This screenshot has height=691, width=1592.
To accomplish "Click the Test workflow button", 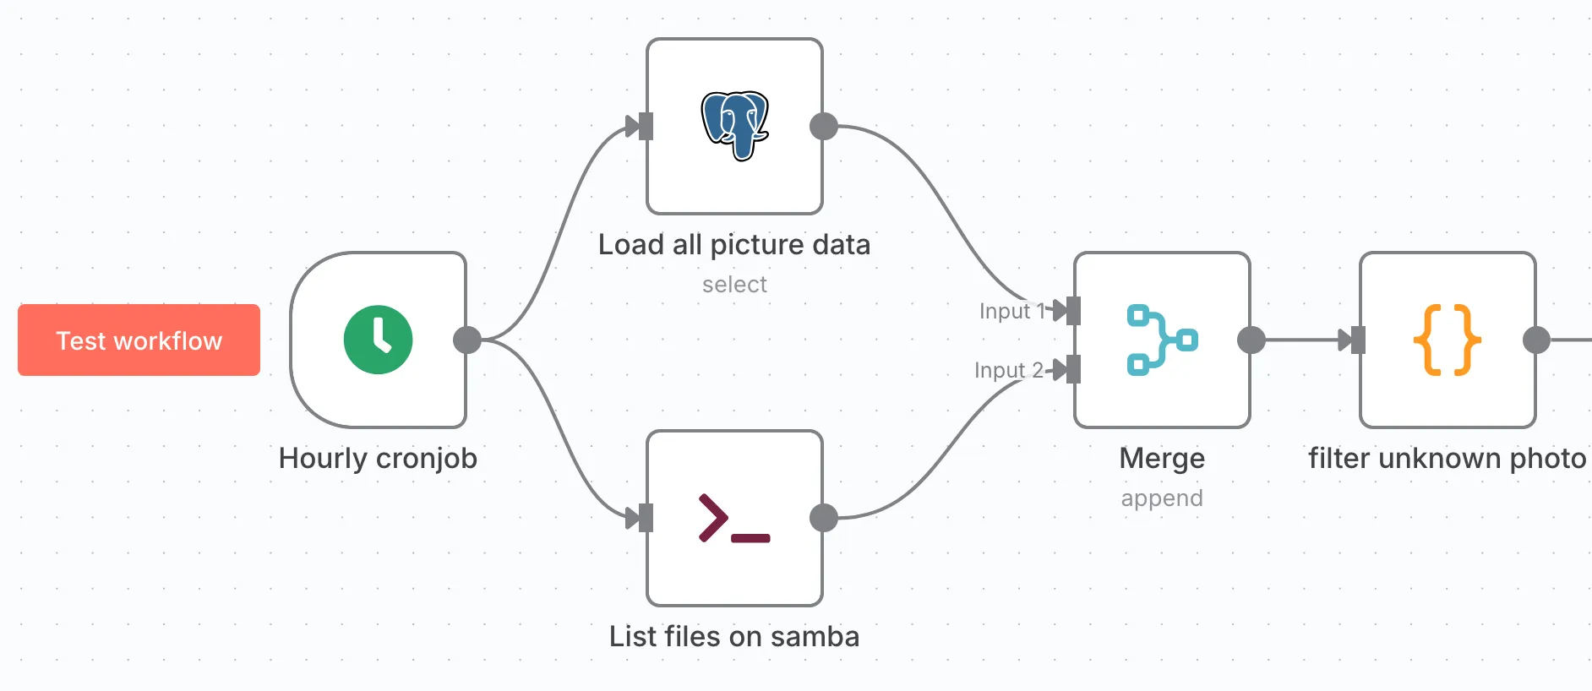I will (x=139, y=340).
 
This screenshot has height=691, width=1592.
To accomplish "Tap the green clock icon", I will (x=378, y=340).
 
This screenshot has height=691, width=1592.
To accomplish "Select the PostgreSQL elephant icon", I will (x=734, y=126).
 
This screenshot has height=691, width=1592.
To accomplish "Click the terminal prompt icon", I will (x=733, y=518).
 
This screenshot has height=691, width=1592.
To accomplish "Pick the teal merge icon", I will (x=1161, y=340).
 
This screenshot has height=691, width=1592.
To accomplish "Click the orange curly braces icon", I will (x=1447, y=340).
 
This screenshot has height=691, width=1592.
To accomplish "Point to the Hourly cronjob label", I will (x=378, y=458).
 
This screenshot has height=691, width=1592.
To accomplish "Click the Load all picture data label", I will (x=733, y=244).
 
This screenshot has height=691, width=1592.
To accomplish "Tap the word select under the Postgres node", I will (x=733, y=285).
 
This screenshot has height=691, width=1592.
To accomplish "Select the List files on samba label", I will (x=733, y=636).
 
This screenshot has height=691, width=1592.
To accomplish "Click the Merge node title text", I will (x=1161, y=458).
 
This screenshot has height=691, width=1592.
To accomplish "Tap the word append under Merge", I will (x=1161, y=498).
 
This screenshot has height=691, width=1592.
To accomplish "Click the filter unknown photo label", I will (x=1447, y=458).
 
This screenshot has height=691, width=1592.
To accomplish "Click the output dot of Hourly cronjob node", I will (x=467, y=340).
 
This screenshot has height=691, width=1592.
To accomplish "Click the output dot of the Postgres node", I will (x=824, y=127).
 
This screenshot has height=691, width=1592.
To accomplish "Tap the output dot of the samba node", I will (x=824, y=518).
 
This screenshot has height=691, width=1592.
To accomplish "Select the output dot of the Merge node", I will (x=1251, y=340).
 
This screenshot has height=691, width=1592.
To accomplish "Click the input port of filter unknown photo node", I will (x=1358, y=340).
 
